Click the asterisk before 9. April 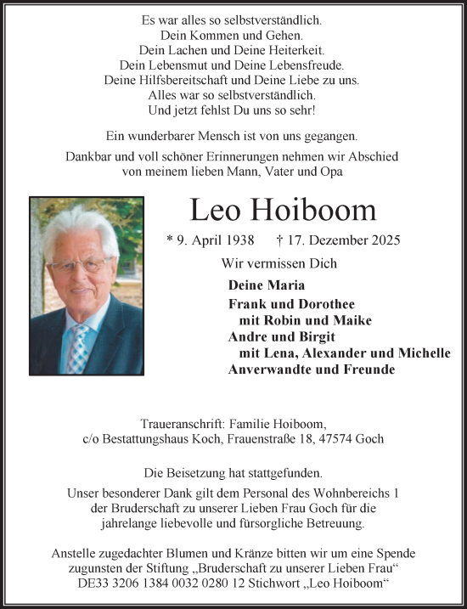pos(170,241)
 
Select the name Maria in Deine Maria pos(286,286)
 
